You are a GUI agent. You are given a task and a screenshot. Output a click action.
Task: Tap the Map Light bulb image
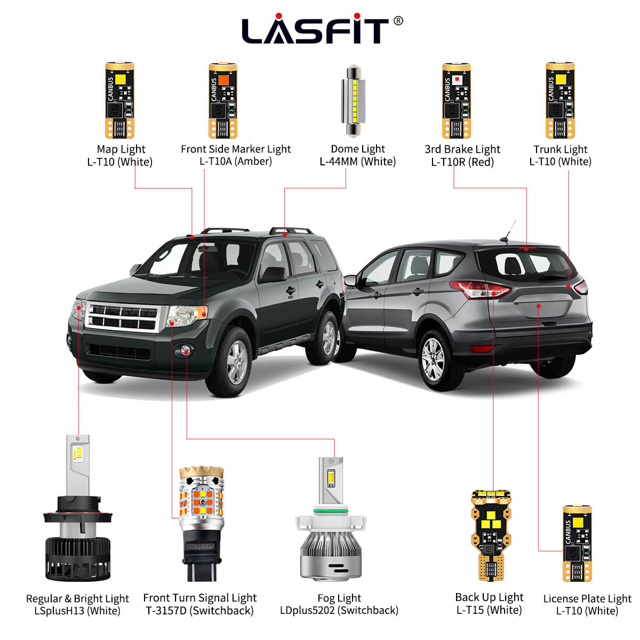pos(119,101)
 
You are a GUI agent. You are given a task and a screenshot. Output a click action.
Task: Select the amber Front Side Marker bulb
pos(222,101)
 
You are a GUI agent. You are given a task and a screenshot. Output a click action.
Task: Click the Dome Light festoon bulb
pos(352,101)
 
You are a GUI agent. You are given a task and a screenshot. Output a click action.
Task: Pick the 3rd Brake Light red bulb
pos(456,101)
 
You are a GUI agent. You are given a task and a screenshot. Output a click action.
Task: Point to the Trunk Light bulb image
pos(560,101)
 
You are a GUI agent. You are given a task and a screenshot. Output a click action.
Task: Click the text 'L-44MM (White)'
pos(357,162)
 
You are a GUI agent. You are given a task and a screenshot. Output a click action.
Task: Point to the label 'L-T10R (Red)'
pos(462,162)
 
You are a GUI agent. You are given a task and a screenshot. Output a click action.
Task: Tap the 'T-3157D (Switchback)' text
pos(199,611)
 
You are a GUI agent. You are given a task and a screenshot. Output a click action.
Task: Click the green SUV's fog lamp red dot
pos(186,350)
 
